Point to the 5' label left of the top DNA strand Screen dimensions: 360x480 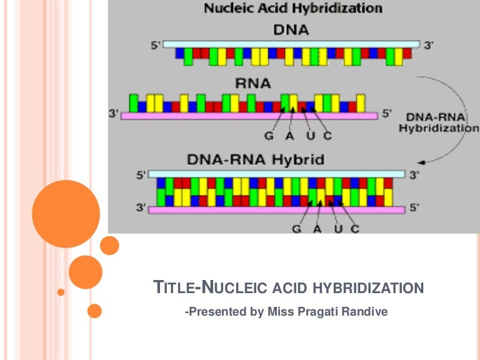[155, 45]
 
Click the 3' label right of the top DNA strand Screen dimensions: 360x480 [429, 45]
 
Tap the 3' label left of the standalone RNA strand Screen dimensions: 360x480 [113, 114]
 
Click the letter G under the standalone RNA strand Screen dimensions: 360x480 [269, 136]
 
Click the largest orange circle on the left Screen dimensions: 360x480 [66, 214]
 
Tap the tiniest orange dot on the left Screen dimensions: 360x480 [61, 292]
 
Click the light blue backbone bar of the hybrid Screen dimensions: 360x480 [278, 174]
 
